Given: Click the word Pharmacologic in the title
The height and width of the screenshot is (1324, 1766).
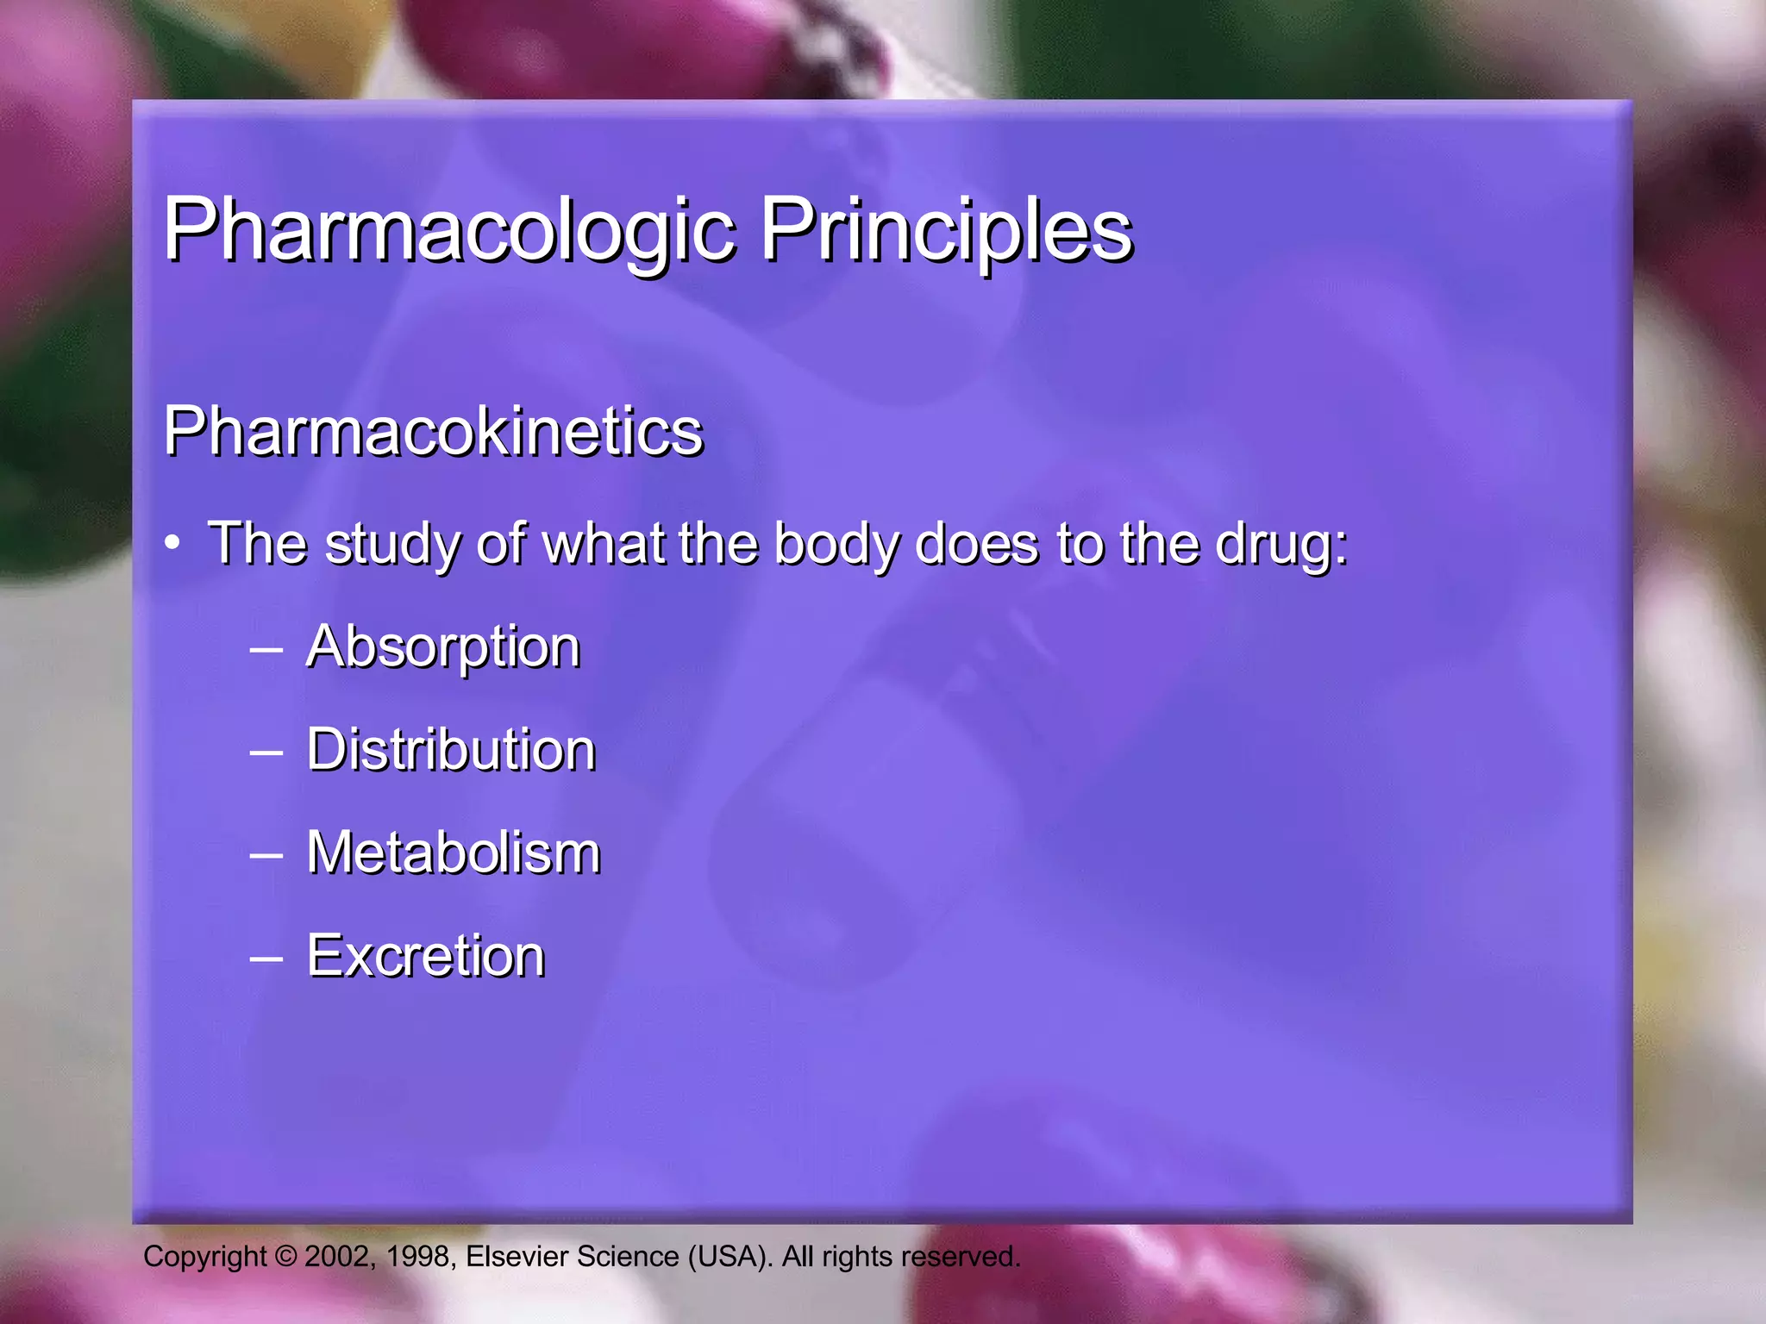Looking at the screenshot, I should click(448, 231).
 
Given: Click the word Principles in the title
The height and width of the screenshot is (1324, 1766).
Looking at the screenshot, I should click(946, 231).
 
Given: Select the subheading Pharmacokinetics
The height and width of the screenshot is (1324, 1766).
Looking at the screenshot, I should click(434, 431).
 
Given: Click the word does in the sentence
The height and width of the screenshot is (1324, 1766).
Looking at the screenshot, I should click(976, 545).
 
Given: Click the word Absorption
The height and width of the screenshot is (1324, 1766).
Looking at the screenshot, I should click(443, 647).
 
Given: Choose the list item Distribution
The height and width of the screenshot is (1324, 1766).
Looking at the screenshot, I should click(451, 749).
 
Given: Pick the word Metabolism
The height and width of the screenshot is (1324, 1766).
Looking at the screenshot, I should click(454, 852).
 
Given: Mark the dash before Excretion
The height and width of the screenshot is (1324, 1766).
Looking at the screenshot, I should click(266, 958).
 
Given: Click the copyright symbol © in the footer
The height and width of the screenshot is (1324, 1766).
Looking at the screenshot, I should click(285, 1257).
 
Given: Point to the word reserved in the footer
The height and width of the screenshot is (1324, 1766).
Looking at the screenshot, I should click(960, 1257).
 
